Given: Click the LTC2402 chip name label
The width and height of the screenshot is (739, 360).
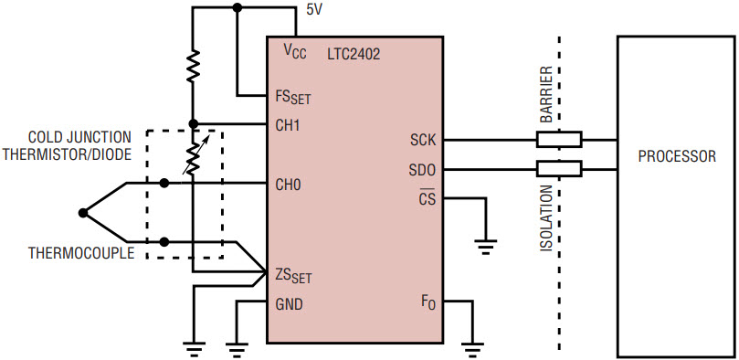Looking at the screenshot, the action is pyautogui.click(x=354, y=55).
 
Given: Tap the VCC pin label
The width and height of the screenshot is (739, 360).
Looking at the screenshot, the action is pyautogui.click(x=294, y=53).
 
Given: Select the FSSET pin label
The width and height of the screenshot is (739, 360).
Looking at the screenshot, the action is pyautogui.click(x=292, y=98).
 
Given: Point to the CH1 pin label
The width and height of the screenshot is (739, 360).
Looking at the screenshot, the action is pyautogui.click(x=288, y=126).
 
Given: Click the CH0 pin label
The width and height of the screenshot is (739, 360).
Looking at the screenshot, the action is pyautogui.click(x=288, y=185).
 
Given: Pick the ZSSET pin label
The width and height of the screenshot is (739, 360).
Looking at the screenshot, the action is pyautogui.click(x=293, y=276).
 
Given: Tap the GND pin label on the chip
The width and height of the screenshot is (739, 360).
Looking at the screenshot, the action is pyautogui.click(x=289, y=305).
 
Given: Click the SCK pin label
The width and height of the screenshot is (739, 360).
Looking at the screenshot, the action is pyautogui.click(x=423, y=140).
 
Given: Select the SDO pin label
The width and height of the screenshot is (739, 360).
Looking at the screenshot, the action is pyautogui.click(x=423, y=170).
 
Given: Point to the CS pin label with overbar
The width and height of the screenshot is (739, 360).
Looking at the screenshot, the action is pyautogui.click(x=427, y=198).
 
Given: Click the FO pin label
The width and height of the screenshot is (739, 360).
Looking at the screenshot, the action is pyautogui.click(x=428, y=302).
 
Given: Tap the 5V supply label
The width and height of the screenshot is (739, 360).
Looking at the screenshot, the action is pyautogui.click(x=314, y=10).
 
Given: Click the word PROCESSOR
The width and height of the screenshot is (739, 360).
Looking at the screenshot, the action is pyautogui.click(x=677, y=156).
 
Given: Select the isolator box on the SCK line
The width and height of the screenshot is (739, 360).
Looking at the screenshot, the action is pyautogui.click(x=559, y=140).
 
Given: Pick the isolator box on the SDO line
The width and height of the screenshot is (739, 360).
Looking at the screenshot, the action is pyautogui.click(x=559, y=169).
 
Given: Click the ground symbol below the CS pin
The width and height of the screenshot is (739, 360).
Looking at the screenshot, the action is pyautogui.click(x=485, y=247).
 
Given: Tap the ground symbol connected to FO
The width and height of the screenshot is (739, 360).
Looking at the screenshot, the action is pyautogui.click(x=471, y=349).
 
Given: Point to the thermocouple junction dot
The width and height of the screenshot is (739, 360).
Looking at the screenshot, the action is pyautogui.click(x=83, y=213).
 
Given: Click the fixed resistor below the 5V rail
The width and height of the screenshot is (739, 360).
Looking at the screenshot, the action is pyautogui.click(x=193, y=67).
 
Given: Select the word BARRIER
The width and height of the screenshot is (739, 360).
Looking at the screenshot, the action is pyautogui.click(x=546, y=95).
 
